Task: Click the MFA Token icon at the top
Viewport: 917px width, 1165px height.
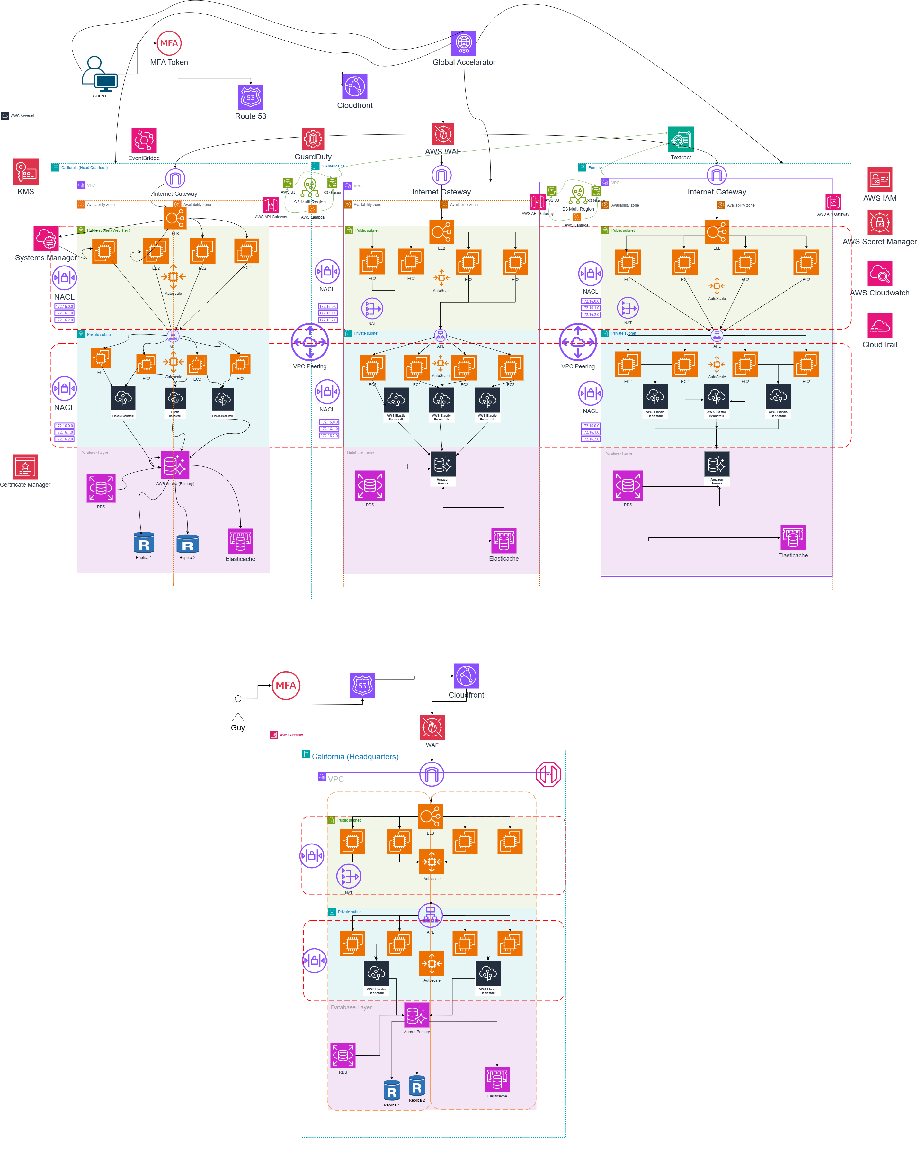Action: tap(169, 43)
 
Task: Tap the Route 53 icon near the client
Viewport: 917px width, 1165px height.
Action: tap(251, 97)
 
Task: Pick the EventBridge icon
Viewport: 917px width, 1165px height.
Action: tap(144, 140)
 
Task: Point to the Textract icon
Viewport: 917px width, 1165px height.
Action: tap(681, 139)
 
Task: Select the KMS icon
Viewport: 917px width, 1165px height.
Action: tap(26, 172)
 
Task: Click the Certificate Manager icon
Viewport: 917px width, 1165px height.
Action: tap(25, 467)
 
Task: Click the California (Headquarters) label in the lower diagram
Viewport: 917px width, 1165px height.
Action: tap(355, 757)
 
